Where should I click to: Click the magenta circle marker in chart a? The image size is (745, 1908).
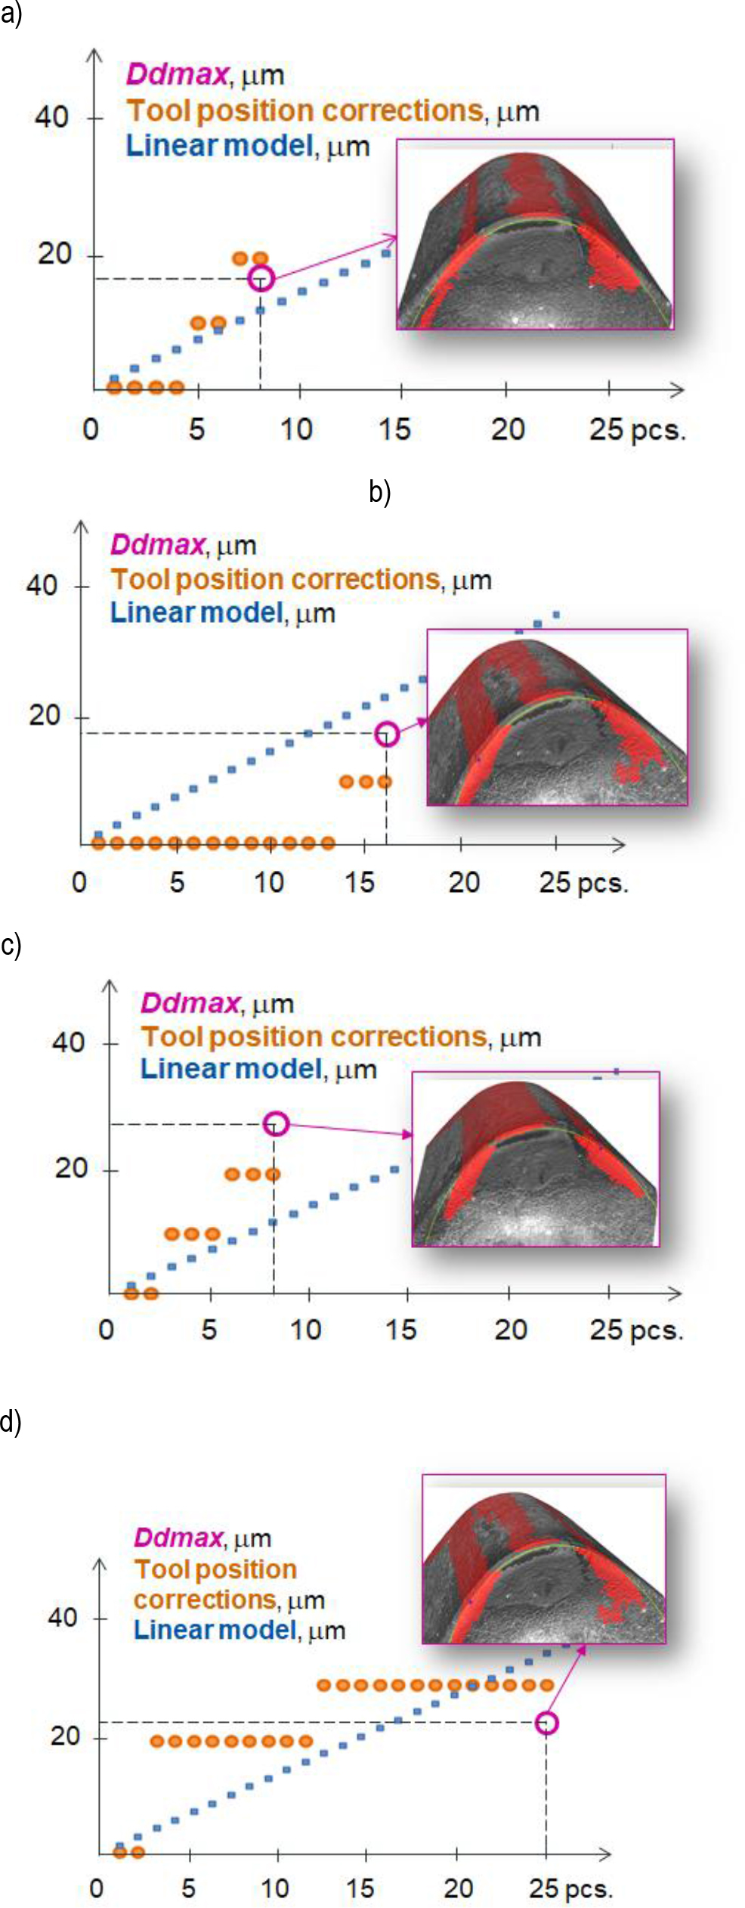(x=261, y=278)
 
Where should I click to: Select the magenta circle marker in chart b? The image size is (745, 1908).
(x=387, y=733)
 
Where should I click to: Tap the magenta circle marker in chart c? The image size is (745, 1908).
(x=277, y=1123)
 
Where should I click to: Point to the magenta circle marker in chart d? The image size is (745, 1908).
(x=546, y=1723)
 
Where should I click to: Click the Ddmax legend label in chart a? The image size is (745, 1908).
(x=177, y=74)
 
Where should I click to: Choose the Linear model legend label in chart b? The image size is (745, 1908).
(x=196, y=612)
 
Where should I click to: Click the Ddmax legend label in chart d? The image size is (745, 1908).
(x=178, y=1537)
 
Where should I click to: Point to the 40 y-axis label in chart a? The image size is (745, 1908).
(x=51, y=117)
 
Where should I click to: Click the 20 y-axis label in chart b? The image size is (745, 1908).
(x=45, y=715)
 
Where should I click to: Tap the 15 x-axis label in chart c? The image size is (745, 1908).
(x=400, y=1330)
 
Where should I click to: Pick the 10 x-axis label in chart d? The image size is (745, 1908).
(x=275, y=1888)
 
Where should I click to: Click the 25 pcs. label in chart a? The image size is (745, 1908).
(x=636, y=429)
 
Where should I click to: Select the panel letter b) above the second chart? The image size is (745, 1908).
(x=379, y=492)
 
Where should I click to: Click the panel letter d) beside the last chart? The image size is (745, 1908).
(x=11, y=1421)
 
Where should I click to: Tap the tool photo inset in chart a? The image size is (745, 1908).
(x=535, y=234)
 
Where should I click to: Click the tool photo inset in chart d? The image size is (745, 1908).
(x=543, y=1559)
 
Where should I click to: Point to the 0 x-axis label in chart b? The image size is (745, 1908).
(x=79, y=882)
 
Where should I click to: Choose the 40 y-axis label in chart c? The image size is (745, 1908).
(x=69, y=1043)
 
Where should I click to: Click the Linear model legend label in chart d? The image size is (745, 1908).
(x=213, y=1630)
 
